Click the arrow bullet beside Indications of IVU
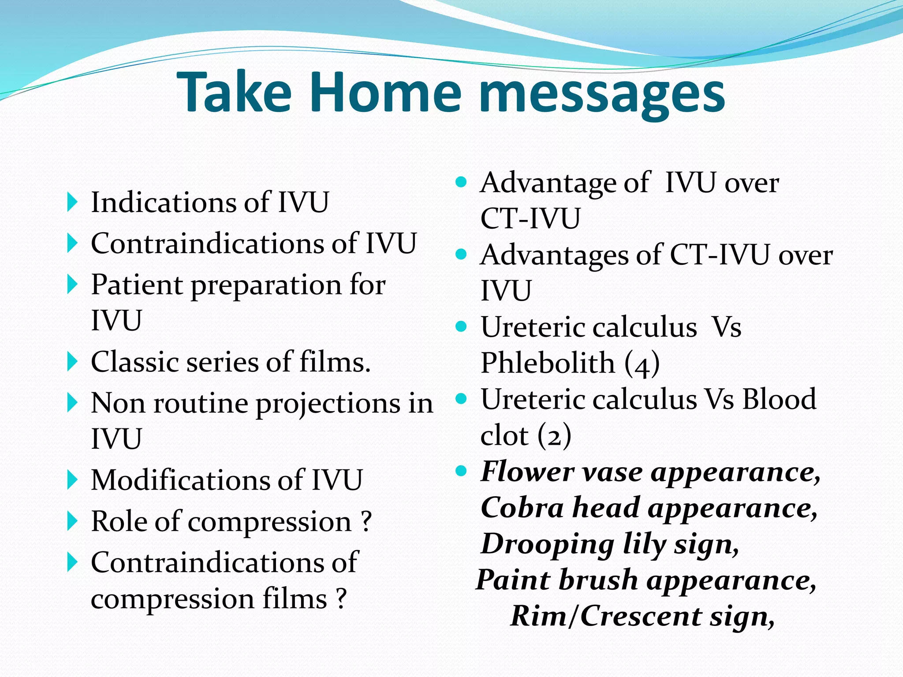pyautogui.click(x=72, y=202)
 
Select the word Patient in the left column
pyautogui.click(x=136, y=285)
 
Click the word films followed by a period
pyautogui.click(x=335, y=362)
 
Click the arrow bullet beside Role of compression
pyautogui.click(x=72, y=521)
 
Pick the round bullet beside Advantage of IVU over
pyautogui.click(x=461, y=182)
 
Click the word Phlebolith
pyautogui.click(x=547, y=364)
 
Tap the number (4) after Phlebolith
pyautogui.click(x=642, y=365)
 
